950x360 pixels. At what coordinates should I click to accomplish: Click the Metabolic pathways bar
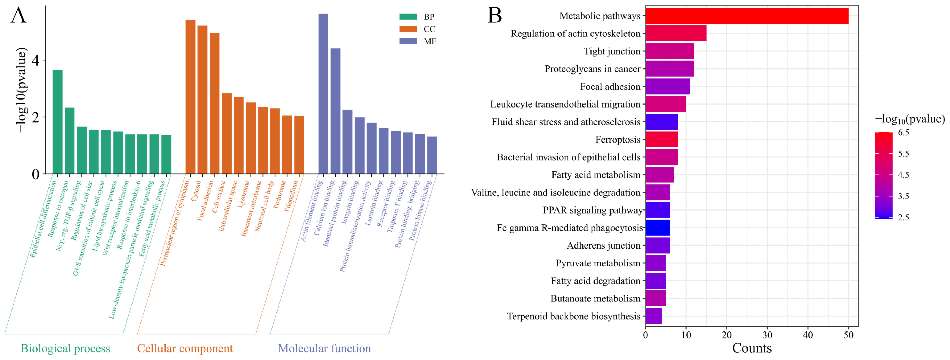point(746,16)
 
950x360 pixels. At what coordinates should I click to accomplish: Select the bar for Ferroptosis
point(662,140)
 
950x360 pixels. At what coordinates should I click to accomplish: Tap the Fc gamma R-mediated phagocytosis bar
point(658,228)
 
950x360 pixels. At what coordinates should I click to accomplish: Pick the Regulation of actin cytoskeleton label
point(575,33)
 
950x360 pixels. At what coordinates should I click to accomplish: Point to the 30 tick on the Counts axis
point(767,335)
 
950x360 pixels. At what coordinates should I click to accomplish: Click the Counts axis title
point(752,348)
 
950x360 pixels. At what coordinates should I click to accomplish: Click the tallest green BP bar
point(58,122)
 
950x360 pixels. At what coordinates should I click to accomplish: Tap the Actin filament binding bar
point(323,94)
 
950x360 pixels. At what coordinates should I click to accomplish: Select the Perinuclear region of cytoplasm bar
point(190,97)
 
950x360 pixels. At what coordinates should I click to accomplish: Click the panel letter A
point(18,16)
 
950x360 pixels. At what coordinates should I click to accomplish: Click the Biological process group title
point(65,348)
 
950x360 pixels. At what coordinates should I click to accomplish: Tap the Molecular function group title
point(324,348)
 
